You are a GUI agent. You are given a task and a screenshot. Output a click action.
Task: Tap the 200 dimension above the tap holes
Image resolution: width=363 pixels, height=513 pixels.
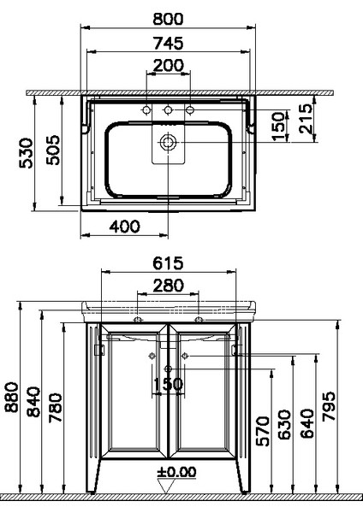point(168,66)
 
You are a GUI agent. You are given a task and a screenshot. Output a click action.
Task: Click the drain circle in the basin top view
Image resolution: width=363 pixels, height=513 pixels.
point(169,140)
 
